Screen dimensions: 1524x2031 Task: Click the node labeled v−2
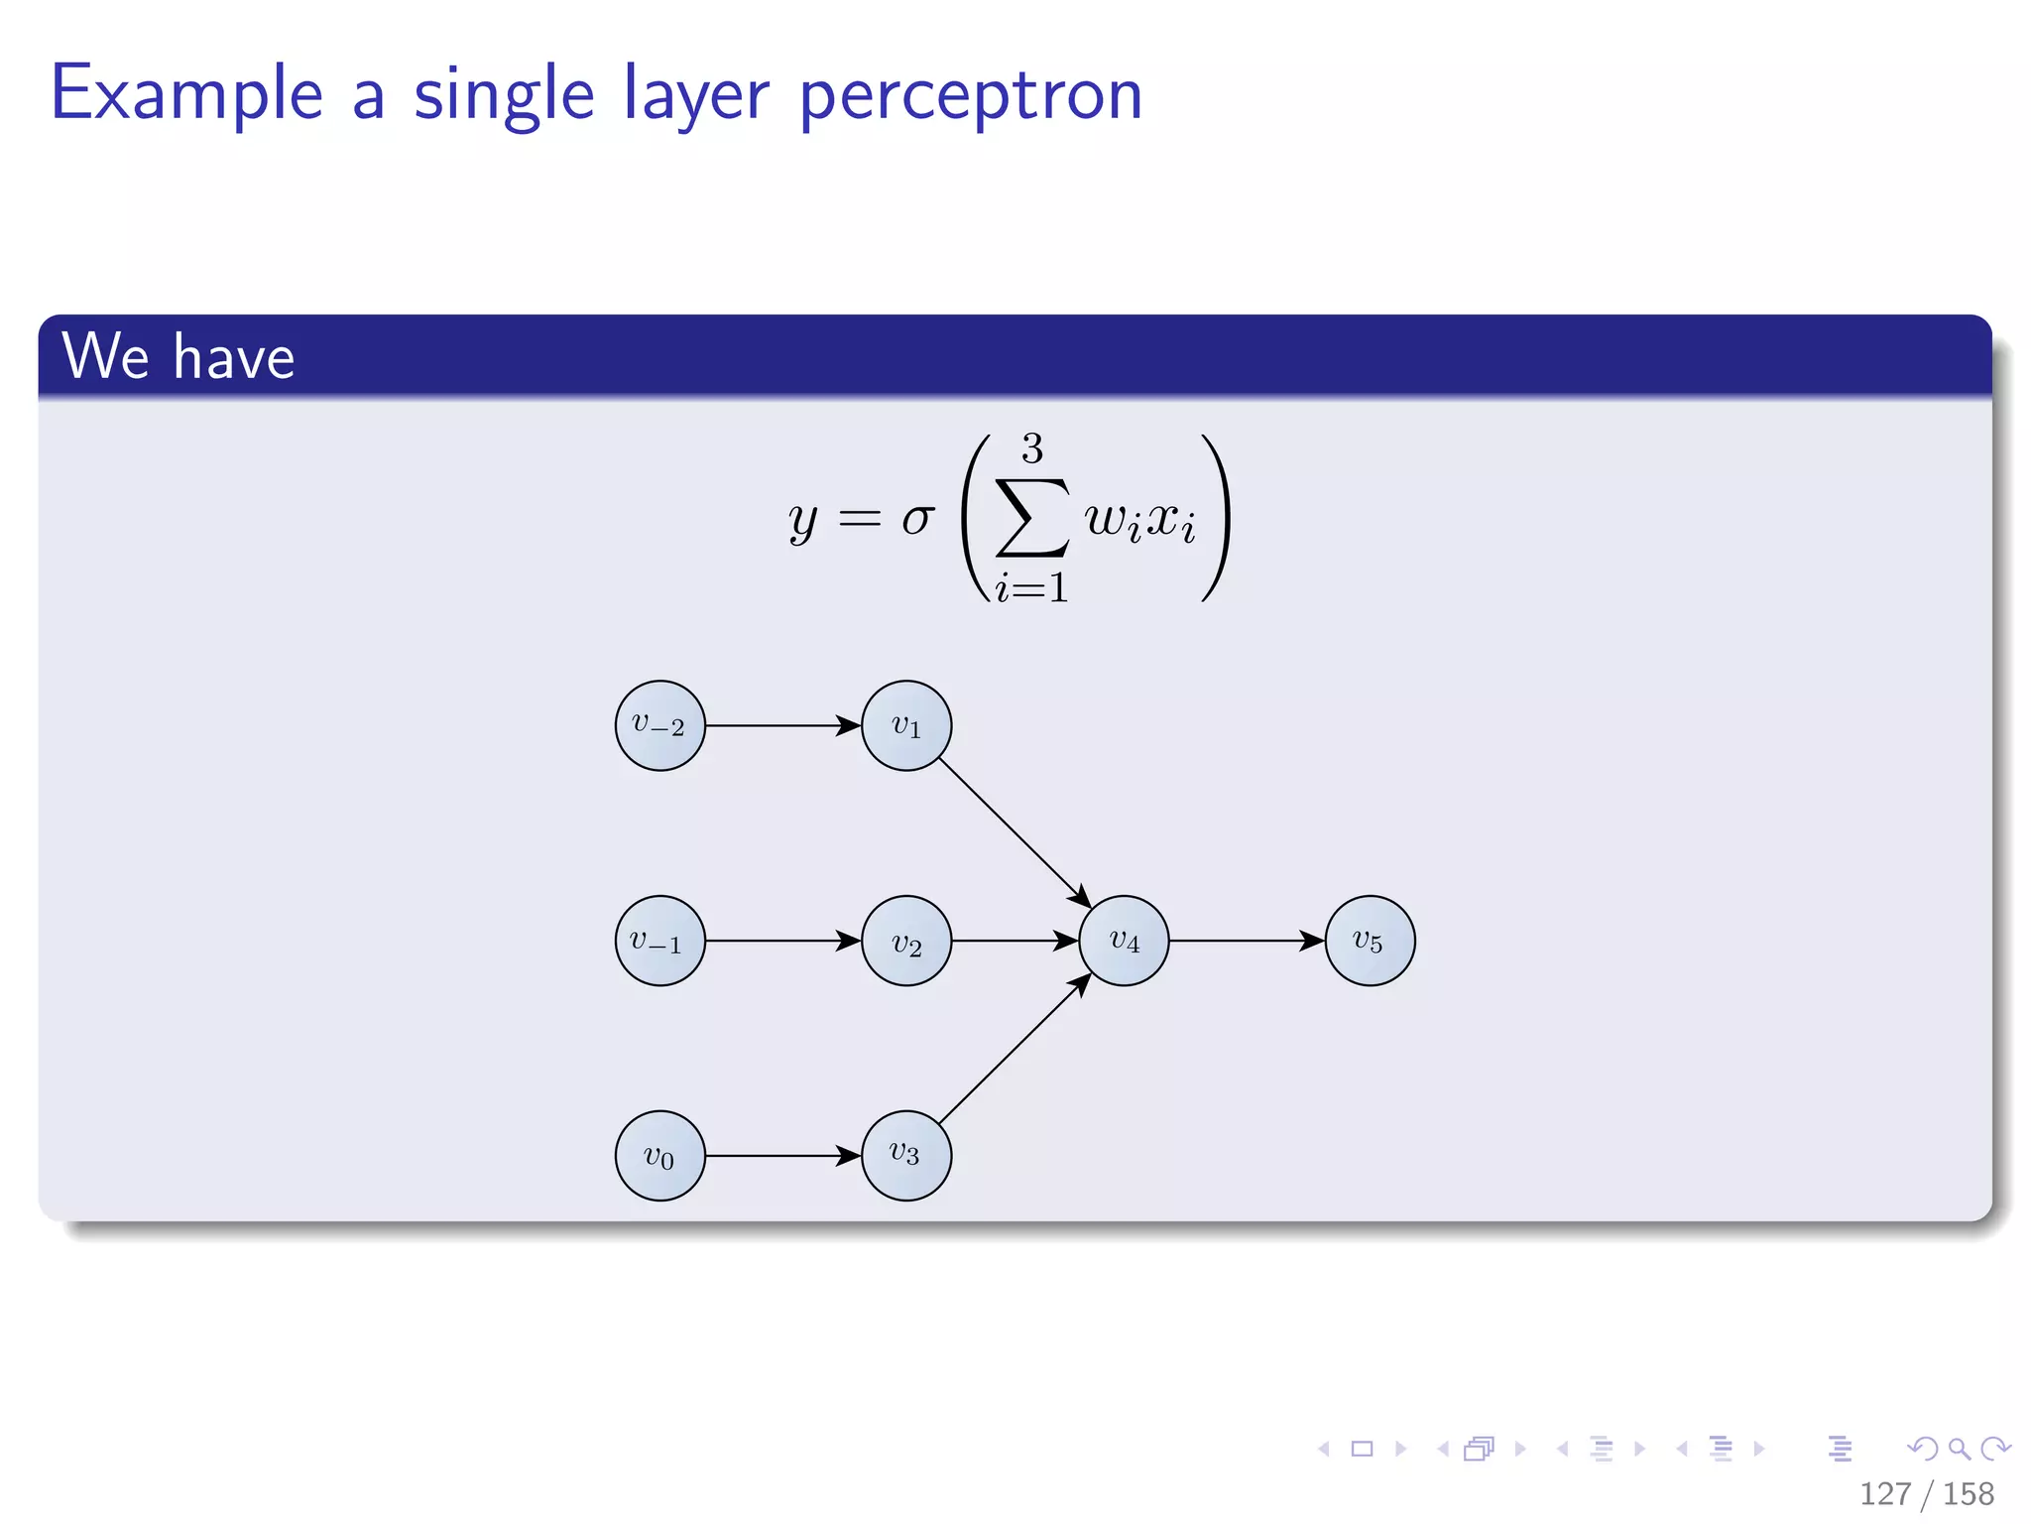click(x=659, y=725)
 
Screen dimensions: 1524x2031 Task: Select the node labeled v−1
click(x=659, y=941)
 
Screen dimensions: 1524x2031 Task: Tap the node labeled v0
click(x=659, y=1156)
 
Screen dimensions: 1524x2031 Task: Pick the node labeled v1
click(x=906, y=725)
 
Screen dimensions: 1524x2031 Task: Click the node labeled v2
click(x=906, y=941)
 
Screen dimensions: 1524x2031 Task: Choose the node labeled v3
click(x=906, y=1156)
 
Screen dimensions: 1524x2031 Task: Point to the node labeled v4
click(x=1124, y=941)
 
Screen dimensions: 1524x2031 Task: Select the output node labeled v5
click(x=1370, y=941)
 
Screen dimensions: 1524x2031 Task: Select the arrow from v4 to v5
click(x=1247, y=941)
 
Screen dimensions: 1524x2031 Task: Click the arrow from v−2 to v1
click(x=782, y=725)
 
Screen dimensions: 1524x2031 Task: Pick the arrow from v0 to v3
click(x=782, y=1156)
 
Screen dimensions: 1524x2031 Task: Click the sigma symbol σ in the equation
click(x=917, y=518)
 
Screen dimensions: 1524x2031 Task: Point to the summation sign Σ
click(x=1032, y=518)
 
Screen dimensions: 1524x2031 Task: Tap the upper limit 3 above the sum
click(x=1032, y=448)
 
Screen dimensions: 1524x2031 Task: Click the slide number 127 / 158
click(x=1926, y=1493)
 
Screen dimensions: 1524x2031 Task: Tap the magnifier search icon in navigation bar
click(x=1959, y=1449)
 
